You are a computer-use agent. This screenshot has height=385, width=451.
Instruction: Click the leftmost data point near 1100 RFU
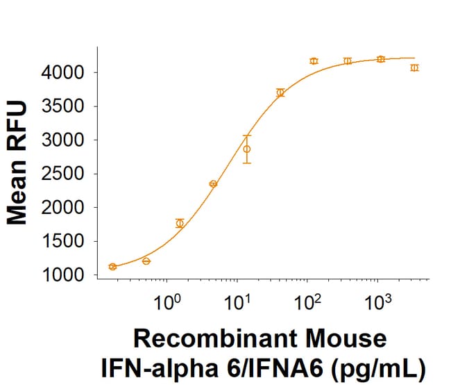pyautogui.click(x=112, y=267)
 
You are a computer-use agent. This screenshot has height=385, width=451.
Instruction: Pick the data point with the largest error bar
pyautogui.click(x=246, y=149)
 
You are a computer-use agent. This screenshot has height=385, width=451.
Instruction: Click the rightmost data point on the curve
pyautogui.click(x=414, y=67)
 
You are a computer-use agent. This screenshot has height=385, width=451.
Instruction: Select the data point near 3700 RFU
pyautogui.click(x=280, y=92)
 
